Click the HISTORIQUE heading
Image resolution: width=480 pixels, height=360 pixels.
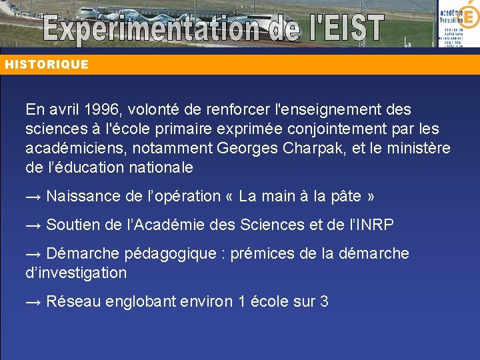[47, 65]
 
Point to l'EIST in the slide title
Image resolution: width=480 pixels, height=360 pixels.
[338, 28]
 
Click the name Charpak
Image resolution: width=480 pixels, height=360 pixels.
[316, 148]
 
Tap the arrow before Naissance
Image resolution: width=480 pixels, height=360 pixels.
[34, 197]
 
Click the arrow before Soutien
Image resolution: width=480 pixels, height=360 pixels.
[34, 225]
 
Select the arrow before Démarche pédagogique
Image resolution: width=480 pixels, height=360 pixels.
[34, 254]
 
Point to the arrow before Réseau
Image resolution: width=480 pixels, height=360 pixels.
[34, 302]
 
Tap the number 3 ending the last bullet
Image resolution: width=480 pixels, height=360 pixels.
[324, 302]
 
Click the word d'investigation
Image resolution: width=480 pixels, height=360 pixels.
[76, 273]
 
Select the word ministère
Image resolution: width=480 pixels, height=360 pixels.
[417, 148]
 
